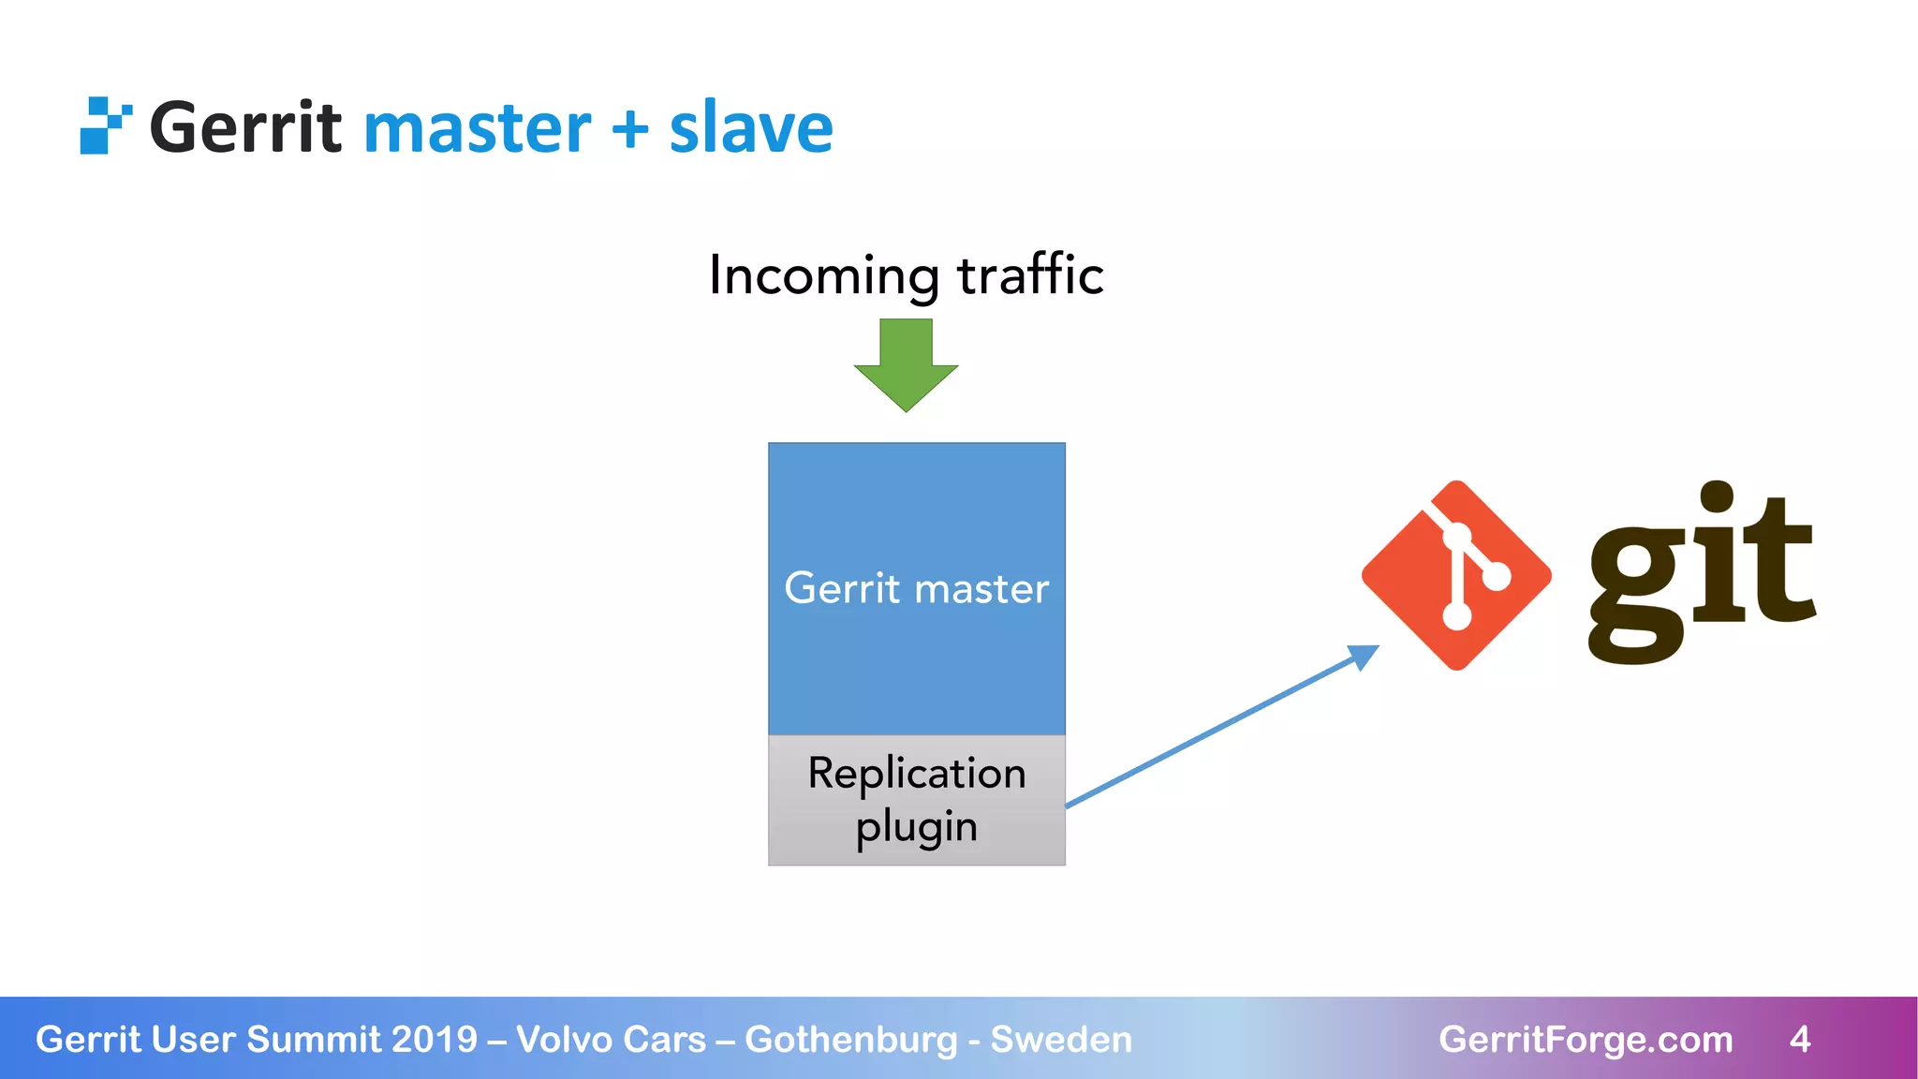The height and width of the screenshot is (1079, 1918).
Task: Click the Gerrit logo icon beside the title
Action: click(104, 126)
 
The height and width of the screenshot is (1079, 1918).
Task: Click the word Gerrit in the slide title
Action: click(245, 128)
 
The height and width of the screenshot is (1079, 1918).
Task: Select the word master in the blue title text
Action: click(477, 129)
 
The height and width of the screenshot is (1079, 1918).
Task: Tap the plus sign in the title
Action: click(629, 128)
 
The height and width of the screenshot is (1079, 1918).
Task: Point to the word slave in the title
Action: click(751, 128)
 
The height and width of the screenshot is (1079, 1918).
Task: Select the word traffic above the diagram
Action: click(1030, 275)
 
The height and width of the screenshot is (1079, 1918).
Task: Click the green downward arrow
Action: click(906, 365)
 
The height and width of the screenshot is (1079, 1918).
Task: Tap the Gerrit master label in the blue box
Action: click(916, 588)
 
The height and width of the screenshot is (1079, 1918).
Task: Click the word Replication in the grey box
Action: click(917, 774)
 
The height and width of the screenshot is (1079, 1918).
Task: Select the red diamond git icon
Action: click(1456, 575)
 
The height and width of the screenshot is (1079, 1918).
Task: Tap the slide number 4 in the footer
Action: click(1799, 1040)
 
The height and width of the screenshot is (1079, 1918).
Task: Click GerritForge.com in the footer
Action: click(1586, 1040)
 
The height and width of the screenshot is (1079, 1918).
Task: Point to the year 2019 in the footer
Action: click(435, 1040)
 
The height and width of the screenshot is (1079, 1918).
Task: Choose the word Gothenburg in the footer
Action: click(851, 1040)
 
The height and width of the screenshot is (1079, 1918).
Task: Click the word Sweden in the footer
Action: click(1061, 1040)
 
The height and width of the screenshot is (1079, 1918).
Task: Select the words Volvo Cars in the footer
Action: click(611, 1040)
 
